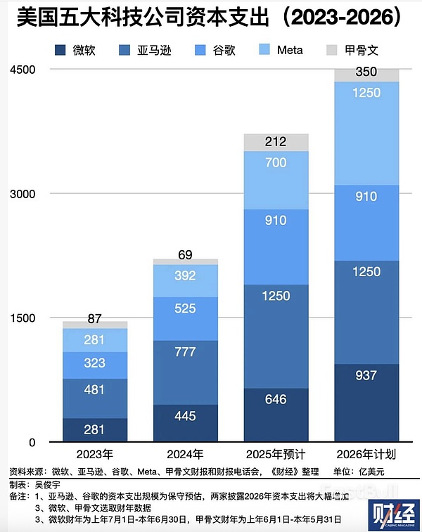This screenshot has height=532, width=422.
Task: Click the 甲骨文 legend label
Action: [x=363, y=50]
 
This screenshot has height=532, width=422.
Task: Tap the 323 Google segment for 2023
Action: [x=94, y=363]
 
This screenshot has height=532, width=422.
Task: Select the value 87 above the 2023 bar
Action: [x=94, y=318]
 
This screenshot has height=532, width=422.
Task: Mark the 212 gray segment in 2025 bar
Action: [x=276, y=142]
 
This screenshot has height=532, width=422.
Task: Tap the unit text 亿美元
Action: [x=393, y=470]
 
